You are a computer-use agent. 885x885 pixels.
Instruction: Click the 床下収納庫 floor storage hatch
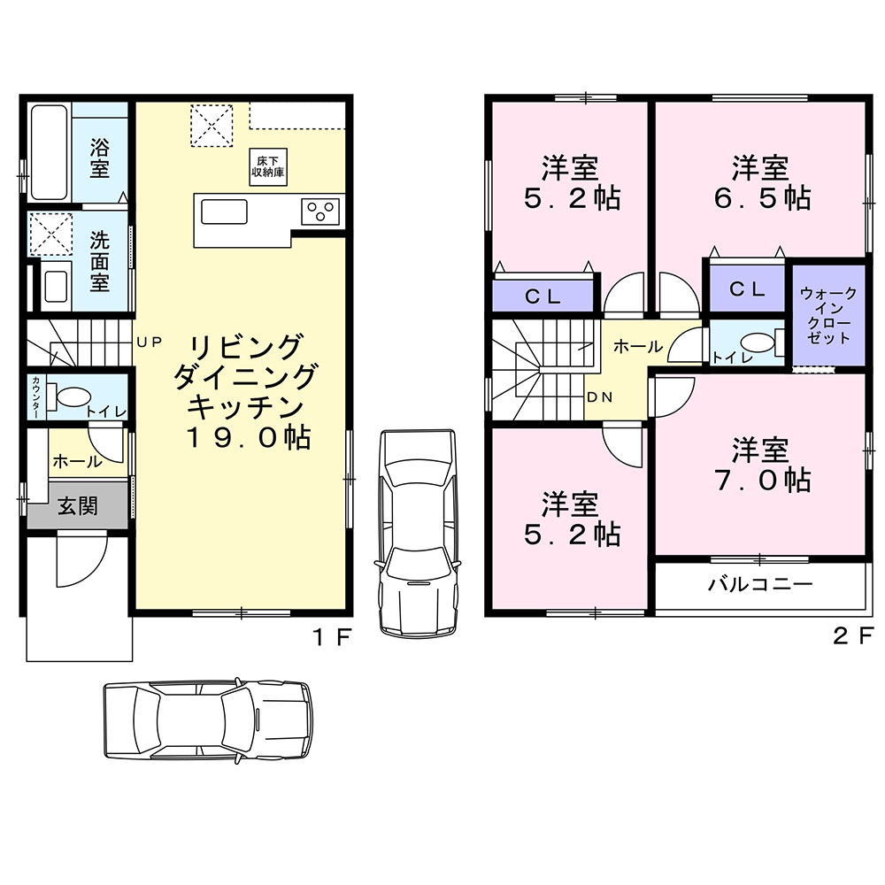[269, 166]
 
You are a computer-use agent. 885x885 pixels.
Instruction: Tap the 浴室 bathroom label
[99, 158]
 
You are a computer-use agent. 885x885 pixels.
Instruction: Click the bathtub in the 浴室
[49, 151]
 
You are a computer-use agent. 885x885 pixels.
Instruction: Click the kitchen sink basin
[224, 212]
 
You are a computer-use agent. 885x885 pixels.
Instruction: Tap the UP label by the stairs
[150, 342]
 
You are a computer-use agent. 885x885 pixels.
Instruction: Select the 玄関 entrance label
[78, 506]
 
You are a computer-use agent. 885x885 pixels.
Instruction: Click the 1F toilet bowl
[70, 396]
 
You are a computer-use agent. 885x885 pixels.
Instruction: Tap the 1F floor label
[332, 637]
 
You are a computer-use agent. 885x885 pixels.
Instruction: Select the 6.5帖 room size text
[762, 198]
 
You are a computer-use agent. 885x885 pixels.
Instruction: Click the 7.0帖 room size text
[762, 480]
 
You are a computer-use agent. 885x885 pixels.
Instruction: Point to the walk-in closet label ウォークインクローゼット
[828, 316]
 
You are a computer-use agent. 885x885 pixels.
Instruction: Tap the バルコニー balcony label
[760, 583]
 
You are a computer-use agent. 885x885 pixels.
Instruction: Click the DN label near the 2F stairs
[600, 397]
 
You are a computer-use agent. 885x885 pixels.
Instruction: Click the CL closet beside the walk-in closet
[747, 289]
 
